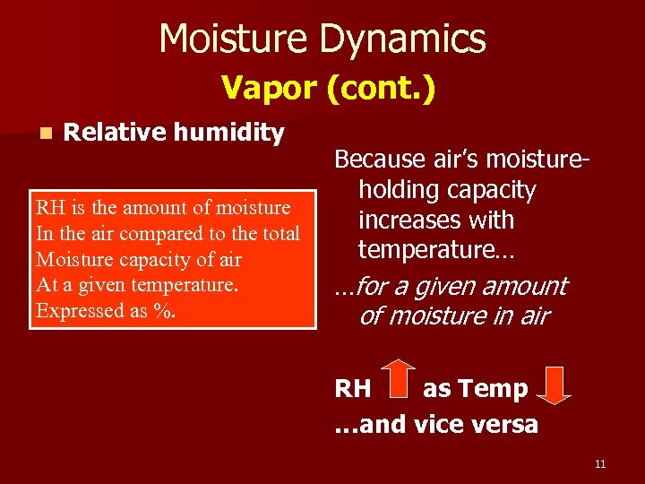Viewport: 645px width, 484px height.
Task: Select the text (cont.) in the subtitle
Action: pyautogui.click(x=381, y=88)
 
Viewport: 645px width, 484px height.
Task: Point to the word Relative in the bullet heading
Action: pyautogui.click(x=116, y=133)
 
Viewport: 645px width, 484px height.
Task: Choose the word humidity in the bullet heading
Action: pyautogui.click(x=228, y=133)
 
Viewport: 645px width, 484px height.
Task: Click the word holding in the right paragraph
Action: pyautogui.click(x=396, y=190)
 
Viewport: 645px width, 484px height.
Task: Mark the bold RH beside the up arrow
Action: pyautogui.click(x=352, y=389)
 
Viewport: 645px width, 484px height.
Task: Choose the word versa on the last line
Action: pyautogui.click(x=505, y=423)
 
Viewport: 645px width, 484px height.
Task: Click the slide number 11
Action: pyautogui.click(x=599, y=463)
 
